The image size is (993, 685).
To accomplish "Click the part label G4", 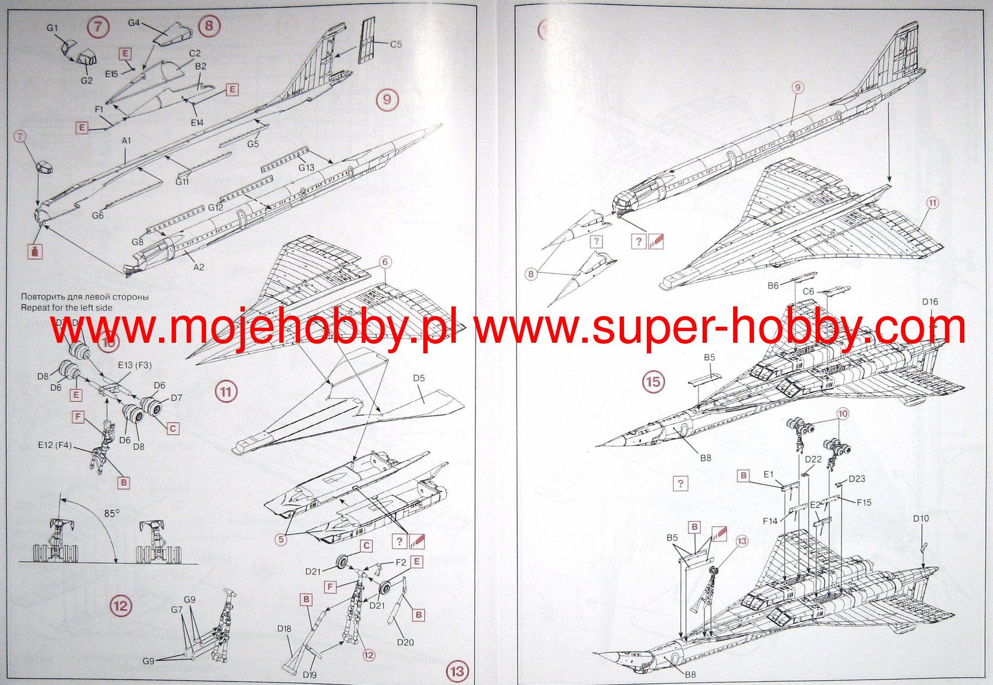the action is coord(134,23).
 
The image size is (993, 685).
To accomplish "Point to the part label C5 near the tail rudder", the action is coord(396,45).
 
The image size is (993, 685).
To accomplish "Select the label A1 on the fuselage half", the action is coord(126,141).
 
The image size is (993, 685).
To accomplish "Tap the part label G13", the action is coord(306,168).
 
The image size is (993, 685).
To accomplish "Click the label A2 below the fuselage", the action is coord(199,267).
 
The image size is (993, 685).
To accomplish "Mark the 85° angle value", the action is coord(112,513).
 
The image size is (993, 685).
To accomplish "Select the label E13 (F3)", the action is coord(135,365).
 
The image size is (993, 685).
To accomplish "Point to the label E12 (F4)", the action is coord(54,445).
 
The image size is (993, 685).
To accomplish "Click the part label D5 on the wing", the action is coord(419,378).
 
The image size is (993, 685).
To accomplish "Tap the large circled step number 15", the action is coord(653,382).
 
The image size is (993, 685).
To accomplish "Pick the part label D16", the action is coord(930,302).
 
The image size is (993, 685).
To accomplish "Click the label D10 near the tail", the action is coord(921,519).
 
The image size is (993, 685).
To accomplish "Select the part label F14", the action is coord(770,521).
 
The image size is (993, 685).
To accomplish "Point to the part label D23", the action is coord(857,479).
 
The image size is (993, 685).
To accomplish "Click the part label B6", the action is coord(773,286).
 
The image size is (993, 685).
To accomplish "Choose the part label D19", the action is coord(309,675).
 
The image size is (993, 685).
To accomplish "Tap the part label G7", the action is coord(177,610).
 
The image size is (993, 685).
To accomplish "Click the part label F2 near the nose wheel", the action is coord(400,563).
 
